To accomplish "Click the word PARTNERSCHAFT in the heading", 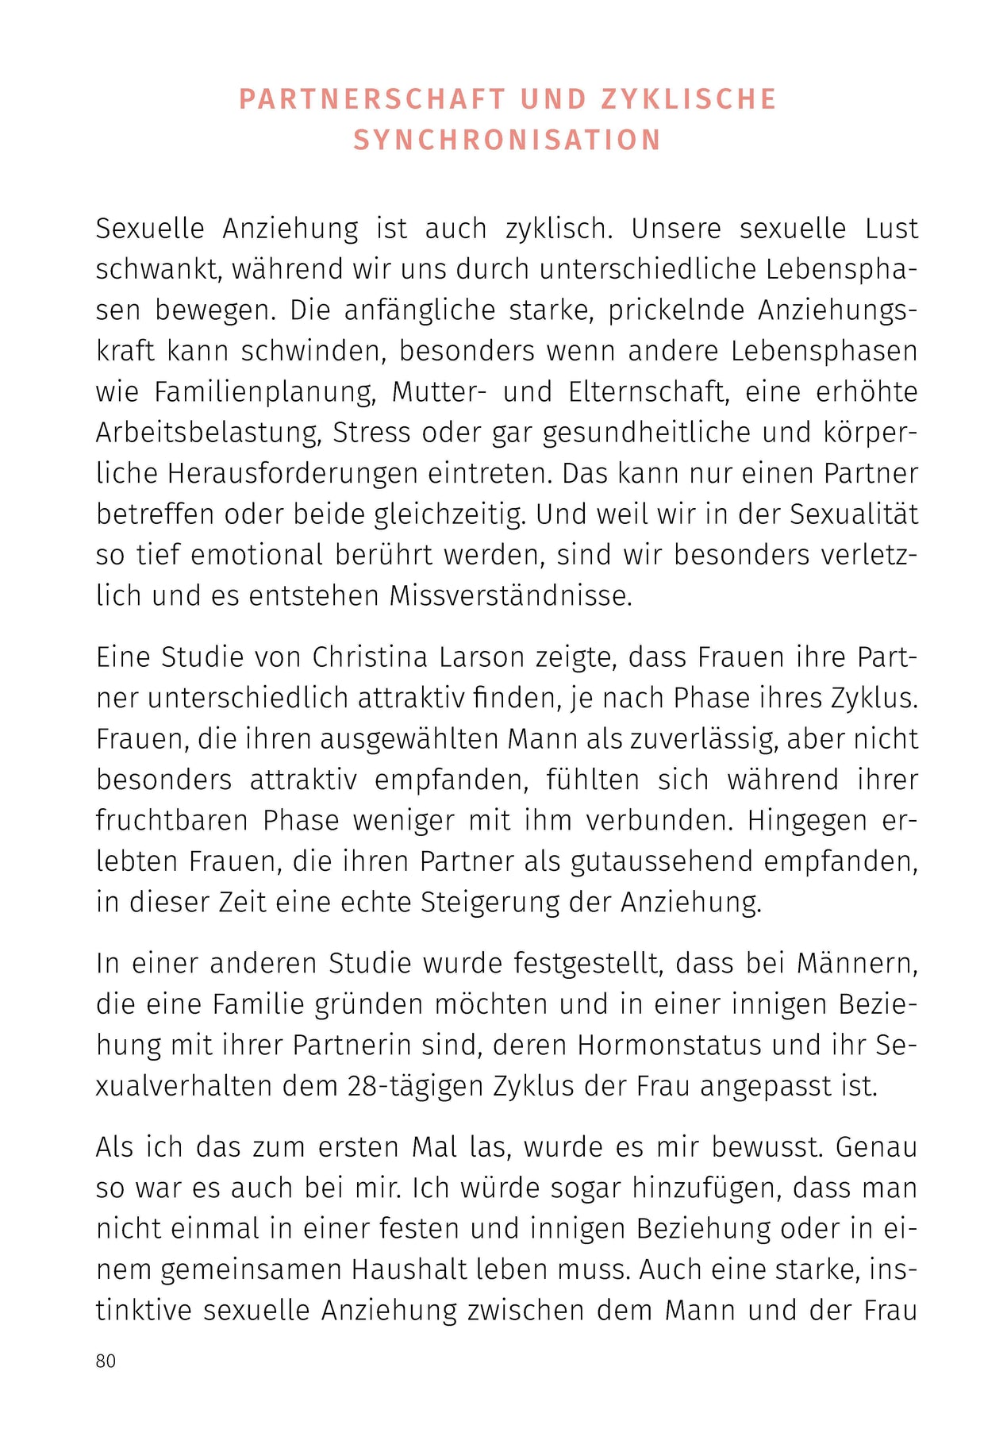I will point(372,99).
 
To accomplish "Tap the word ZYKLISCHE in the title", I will point(689,99).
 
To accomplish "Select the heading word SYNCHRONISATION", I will point(507,141).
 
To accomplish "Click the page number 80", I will point(106,1361).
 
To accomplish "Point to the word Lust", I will point(891,229).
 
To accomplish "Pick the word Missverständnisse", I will point(510,595).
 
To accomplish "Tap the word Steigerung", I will point(490,903).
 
